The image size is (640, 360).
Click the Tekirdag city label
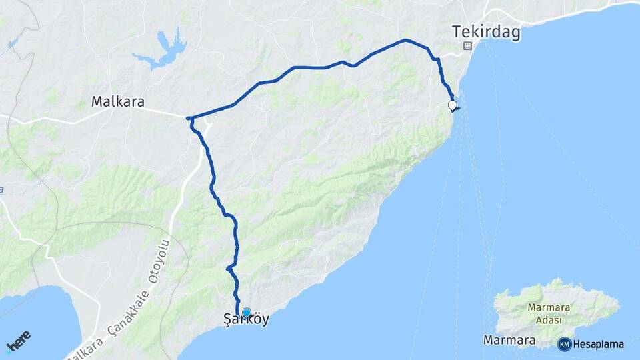click(x=485, y=33)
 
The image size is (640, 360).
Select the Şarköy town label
click(x=246, y=320)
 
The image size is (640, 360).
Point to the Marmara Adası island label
click(x=547, y=313)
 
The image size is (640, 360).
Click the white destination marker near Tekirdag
click(x=453, y=105)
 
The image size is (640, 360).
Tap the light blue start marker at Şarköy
click(x=246, y=311)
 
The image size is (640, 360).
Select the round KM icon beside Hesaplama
click(x=565, y=344)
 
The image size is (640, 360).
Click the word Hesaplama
click(x=598, y=344)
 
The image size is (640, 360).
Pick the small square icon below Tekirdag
click(x=468, y=46)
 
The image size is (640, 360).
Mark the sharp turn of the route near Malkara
click(x=189, y=119)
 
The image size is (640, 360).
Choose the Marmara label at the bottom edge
click(x=509, y=341)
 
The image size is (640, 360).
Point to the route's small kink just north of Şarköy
click(x=228, y=268)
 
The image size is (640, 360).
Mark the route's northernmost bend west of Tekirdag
click(x=405, y=41)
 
